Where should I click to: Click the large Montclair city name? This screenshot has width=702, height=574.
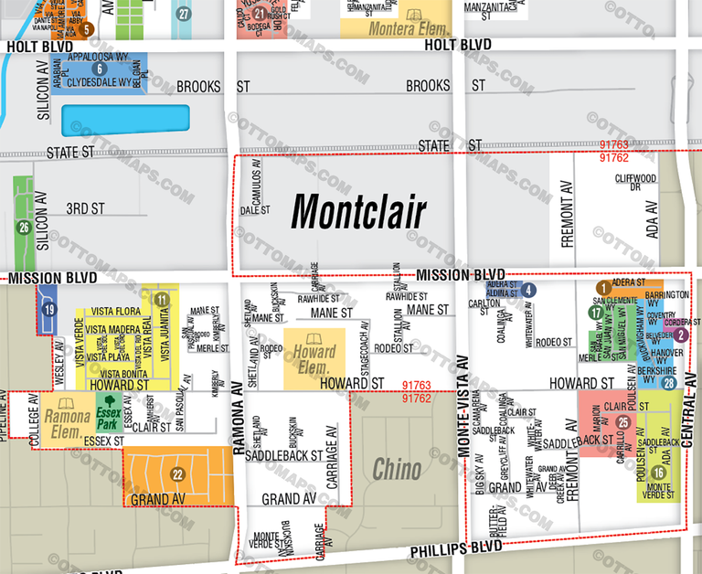358,213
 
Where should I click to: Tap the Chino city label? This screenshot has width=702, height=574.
397,470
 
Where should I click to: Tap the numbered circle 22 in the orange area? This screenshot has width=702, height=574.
178,473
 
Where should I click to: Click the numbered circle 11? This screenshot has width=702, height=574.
162,300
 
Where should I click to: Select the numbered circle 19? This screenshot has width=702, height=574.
49,310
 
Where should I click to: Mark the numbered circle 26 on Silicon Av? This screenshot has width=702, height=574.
25,228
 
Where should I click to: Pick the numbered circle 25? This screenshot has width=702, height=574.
623,422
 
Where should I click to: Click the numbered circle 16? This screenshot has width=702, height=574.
659,472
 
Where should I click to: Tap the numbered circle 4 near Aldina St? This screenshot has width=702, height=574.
528,291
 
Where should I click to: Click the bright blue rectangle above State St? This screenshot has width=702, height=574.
125,120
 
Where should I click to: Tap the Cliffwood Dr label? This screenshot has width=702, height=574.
636,182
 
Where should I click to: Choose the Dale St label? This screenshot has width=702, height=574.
254,210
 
